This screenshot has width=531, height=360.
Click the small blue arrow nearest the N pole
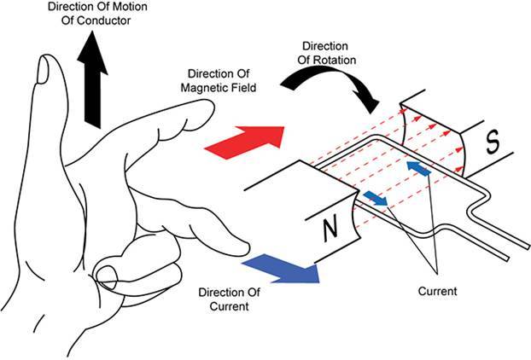click(x=376, y=200)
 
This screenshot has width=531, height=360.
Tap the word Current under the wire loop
click(x=437, y=291)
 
